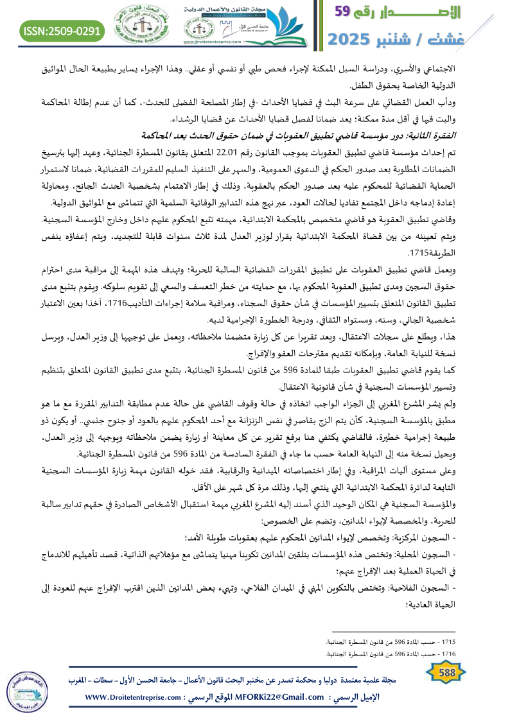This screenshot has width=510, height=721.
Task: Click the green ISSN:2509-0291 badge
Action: pos(62,30)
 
